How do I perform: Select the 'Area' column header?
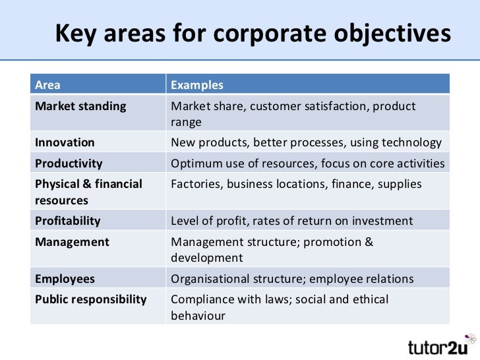[47, 85]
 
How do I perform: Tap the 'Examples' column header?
[197, 85]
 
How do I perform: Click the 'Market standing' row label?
[80, 106]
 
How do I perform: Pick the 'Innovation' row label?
[65, 142]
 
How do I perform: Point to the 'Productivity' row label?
[69, 164]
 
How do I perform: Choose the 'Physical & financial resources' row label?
[88, 192]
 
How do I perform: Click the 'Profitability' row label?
[68, 221]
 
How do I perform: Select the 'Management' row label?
[72, 242]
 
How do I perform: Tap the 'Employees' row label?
[65, 279]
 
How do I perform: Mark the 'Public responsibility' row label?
[90, 299]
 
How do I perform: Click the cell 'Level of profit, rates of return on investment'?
[291, 221]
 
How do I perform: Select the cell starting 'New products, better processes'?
[306, 142]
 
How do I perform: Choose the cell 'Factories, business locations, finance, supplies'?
[296, 184]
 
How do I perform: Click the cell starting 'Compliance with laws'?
[280, 307]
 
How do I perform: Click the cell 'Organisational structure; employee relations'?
[292, 279]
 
